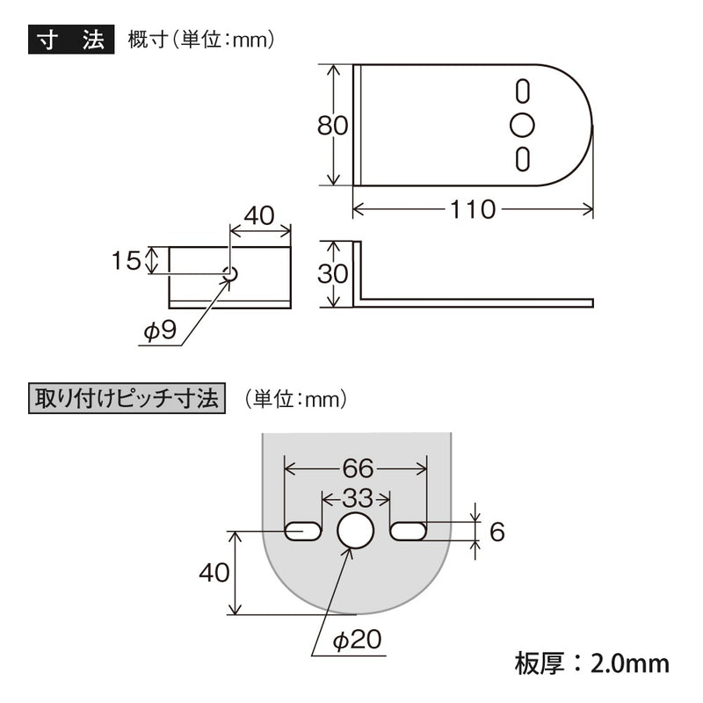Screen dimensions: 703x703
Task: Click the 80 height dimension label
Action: [332, 125]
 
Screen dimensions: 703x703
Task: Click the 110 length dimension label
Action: [473, 209]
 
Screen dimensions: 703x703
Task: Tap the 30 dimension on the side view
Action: [332, 273]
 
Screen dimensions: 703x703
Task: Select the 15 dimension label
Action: [126, 260]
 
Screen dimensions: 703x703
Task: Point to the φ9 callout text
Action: [160, 331]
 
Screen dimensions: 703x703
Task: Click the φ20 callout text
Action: [358, 640]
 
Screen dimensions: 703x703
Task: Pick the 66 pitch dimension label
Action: [358, 468]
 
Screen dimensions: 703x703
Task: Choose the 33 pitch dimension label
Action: [358, 498]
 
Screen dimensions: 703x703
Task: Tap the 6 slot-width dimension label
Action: [497, 532]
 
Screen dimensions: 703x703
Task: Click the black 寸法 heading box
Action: [71, 40]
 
